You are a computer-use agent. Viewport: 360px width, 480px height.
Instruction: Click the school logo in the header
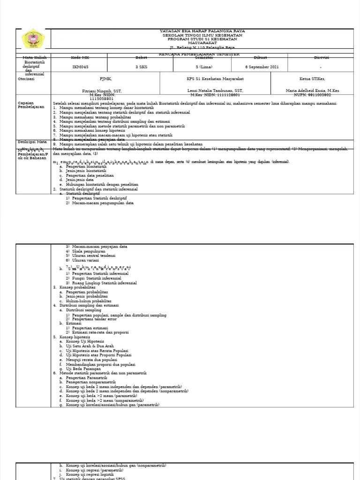32,40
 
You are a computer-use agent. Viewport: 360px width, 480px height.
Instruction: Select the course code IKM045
80,67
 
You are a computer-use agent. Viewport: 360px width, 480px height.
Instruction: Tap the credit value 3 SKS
141,67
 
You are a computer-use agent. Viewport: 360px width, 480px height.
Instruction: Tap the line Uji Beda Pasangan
83,369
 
